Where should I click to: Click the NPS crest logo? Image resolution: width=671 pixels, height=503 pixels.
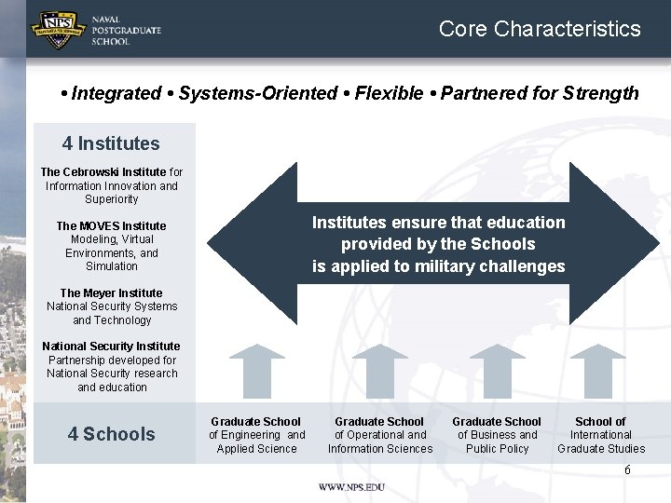59,29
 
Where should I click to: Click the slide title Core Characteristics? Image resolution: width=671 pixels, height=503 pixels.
540,29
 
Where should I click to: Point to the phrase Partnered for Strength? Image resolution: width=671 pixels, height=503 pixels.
540,93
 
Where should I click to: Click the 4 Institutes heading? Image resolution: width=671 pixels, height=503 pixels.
111,143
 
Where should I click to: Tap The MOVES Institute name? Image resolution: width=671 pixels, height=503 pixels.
111,226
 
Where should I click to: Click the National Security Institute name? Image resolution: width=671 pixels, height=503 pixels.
111,347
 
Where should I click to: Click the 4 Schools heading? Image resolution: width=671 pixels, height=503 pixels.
111,434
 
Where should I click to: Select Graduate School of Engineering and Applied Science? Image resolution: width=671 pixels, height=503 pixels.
256,435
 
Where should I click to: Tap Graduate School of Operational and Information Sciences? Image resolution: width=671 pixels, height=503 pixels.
379,435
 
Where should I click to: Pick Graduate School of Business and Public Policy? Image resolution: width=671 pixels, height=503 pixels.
497,435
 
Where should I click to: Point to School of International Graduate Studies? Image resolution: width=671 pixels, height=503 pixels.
601,435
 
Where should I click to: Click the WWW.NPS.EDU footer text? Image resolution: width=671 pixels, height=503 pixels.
351,487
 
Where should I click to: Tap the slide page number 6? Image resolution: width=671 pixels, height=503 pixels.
627,470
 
